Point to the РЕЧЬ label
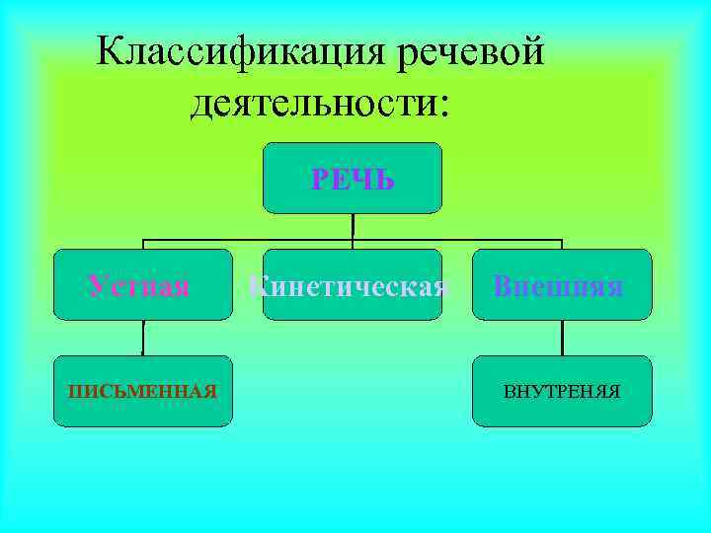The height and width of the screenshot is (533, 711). coord(353,180)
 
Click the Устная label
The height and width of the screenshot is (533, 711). coord(138,286)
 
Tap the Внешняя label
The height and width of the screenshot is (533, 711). coord(558,286)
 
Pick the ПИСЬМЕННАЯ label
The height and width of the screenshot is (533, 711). coord(142,392)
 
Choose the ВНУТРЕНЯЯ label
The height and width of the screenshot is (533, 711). coord(562,392)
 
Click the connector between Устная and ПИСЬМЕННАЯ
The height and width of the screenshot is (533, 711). coord(143,338)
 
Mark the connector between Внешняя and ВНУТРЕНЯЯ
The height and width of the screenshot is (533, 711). coord(562,338)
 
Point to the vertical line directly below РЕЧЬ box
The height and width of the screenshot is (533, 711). coord(353,226)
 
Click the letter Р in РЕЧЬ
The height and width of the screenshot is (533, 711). coord(319,180)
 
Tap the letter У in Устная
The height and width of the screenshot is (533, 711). coord(95,286)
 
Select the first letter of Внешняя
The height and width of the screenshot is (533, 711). coord(503,286)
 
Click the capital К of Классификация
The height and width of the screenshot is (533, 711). coord(110,50)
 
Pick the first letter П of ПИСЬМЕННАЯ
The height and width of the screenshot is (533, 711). coord(73,392)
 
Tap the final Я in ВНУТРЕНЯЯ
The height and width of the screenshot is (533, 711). coord(614,392)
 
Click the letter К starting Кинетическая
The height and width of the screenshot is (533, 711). coord(256,286)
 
